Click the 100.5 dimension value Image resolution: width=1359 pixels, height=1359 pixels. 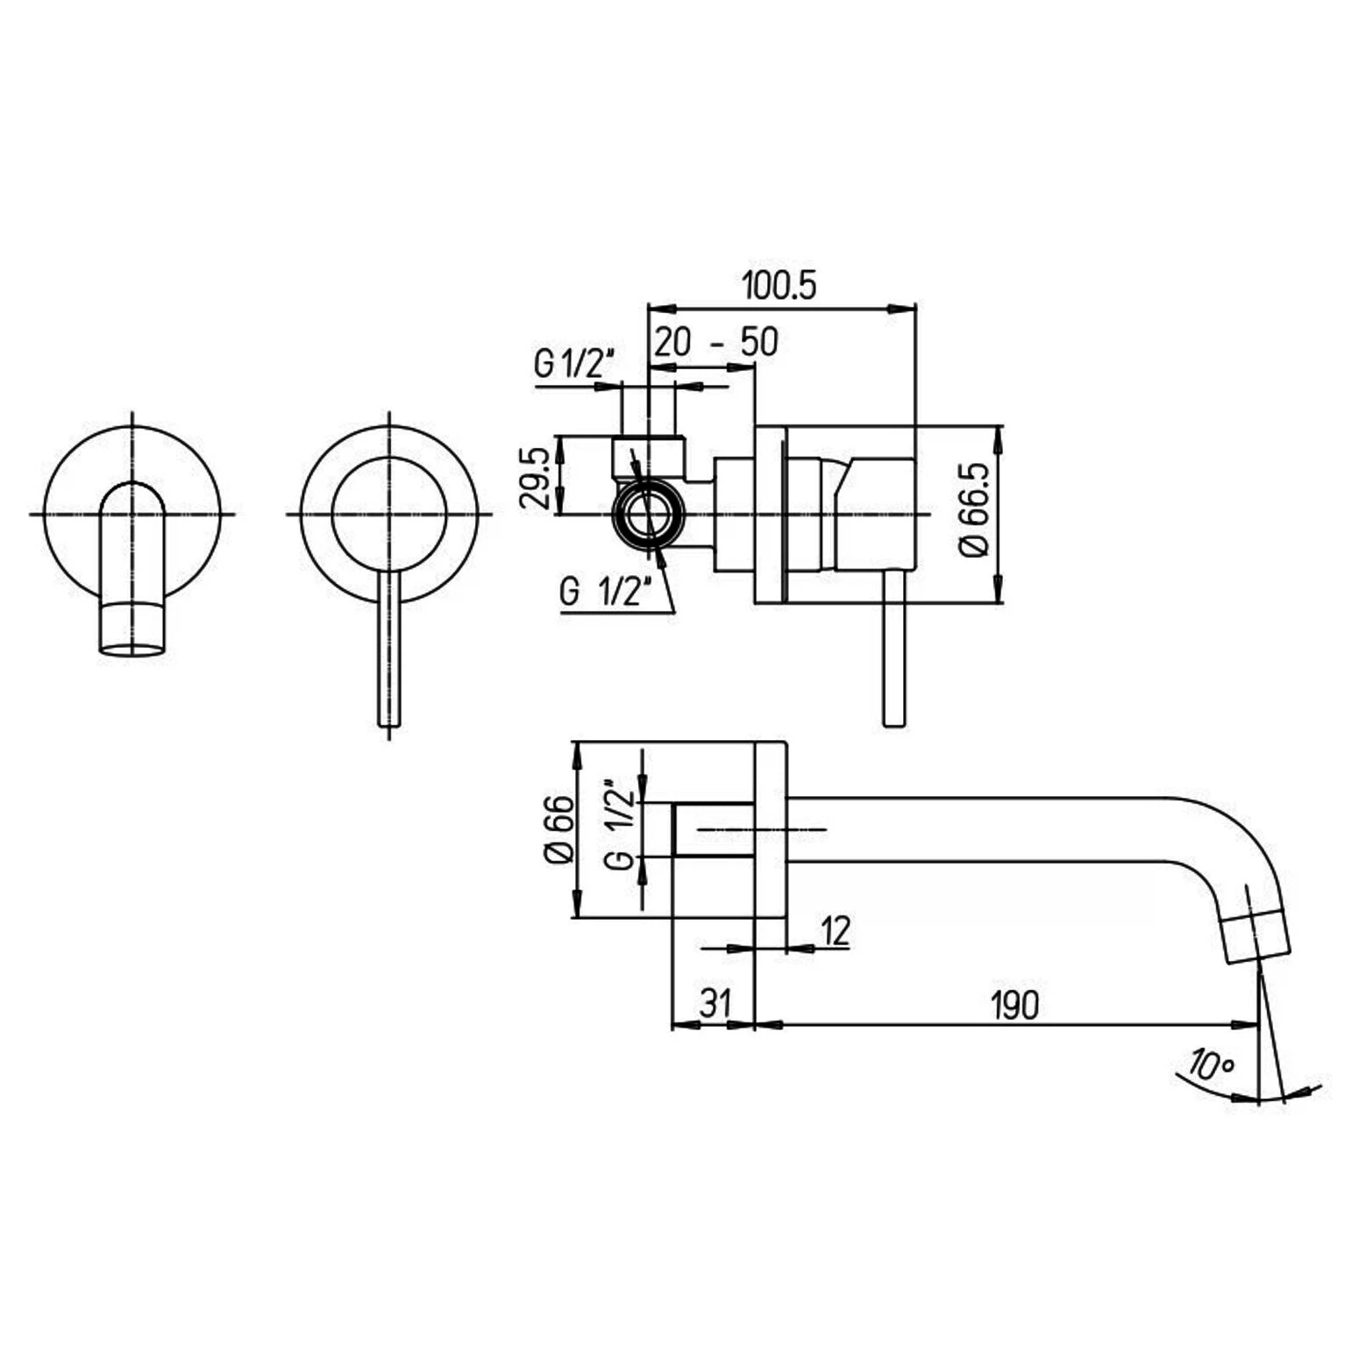779,285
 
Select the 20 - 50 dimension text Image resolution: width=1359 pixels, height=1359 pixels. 716,341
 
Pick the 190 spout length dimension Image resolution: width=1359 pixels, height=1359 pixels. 1014,1006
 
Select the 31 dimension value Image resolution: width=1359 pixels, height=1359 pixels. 715,1003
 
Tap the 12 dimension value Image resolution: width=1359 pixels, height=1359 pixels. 836,931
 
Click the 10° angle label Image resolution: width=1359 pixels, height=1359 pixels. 1212,1064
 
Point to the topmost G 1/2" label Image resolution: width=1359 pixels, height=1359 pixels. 575,363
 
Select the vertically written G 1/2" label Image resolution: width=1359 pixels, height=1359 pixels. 619,822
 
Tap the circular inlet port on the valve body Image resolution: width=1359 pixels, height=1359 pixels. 650,514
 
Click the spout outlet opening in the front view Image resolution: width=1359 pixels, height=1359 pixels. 132,650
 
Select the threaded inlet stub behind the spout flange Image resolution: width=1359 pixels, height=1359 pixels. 713,829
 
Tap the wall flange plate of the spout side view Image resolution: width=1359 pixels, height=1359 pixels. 771,829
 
